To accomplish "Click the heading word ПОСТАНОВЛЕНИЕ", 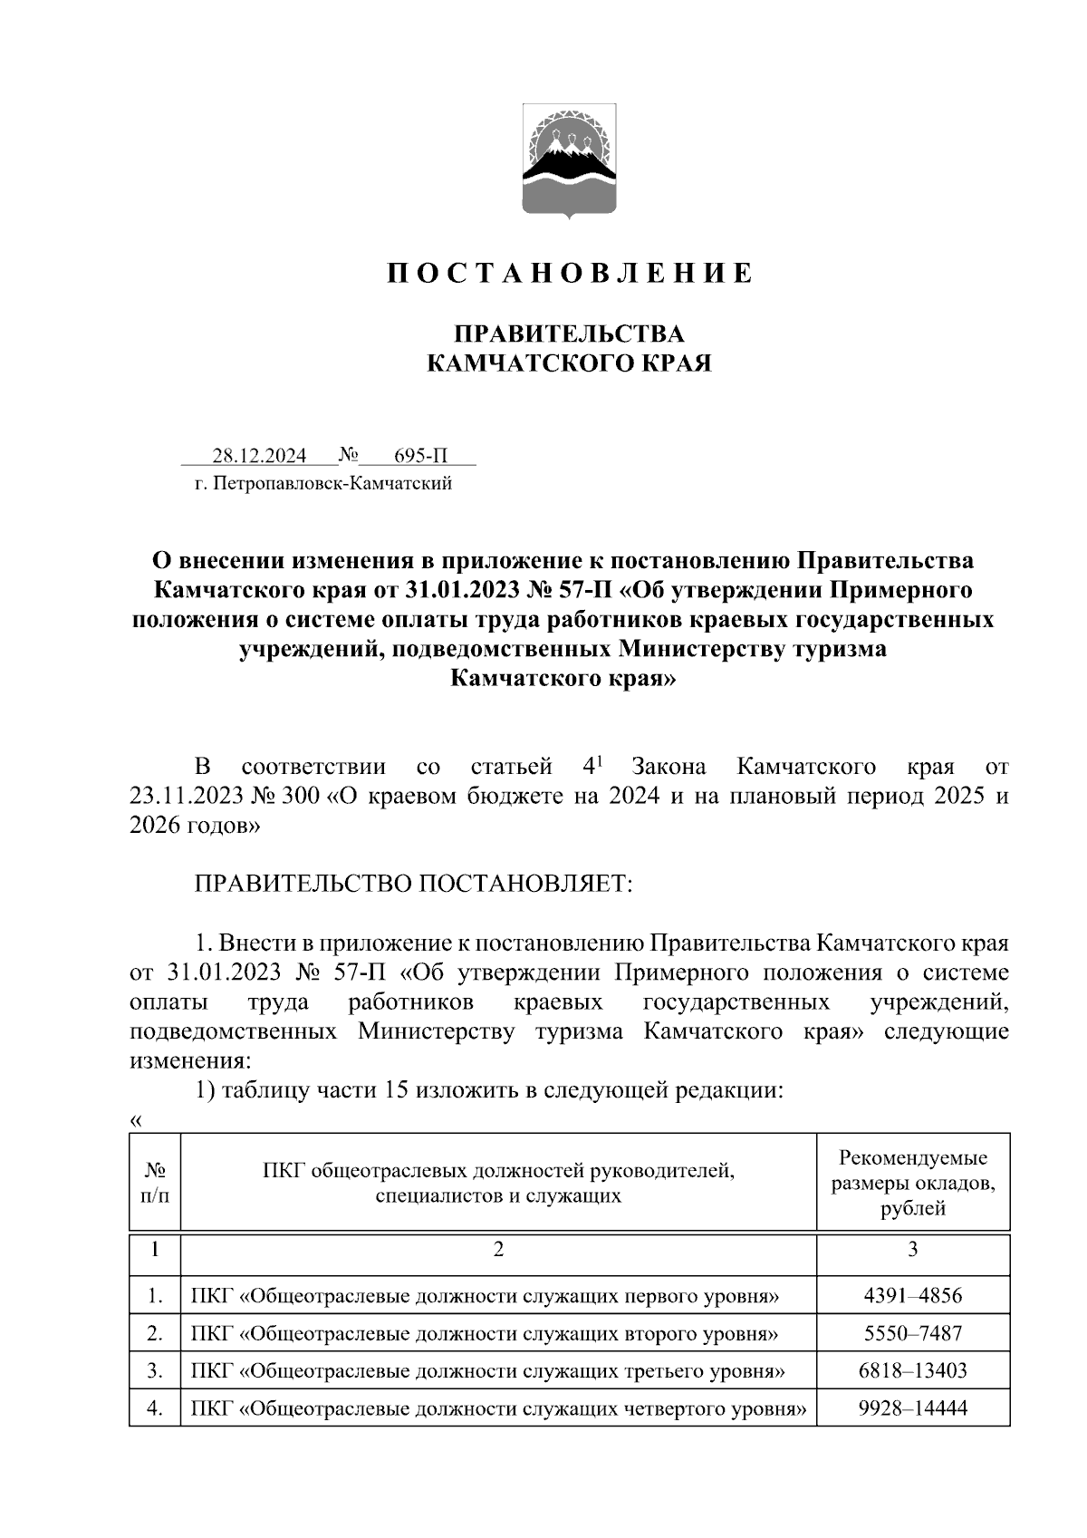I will point(570,273).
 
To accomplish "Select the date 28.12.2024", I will point(259,455).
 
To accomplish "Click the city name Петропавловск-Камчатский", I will point(332,484).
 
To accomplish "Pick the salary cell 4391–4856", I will point(912,1296).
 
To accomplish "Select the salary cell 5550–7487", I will point(912,1333).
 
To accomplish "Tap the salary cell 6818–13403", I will point(912,1370).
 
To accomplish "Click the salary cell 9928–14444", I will point(912,1408).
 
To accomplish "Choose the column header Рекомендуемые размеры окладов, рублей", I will point(912,1183).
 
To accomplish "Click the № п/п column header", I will point(155,1183).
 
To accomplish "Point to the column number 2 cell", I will point(498,1249).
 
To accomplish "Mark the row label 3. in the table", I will point(155,1370).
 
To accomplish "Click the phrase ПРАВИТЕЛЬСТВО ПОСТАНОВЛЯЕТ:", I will point(413,884).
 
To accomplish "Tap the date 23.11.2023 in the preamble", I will point(185,797).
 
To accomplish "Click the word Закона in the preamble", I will point(669,767).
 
